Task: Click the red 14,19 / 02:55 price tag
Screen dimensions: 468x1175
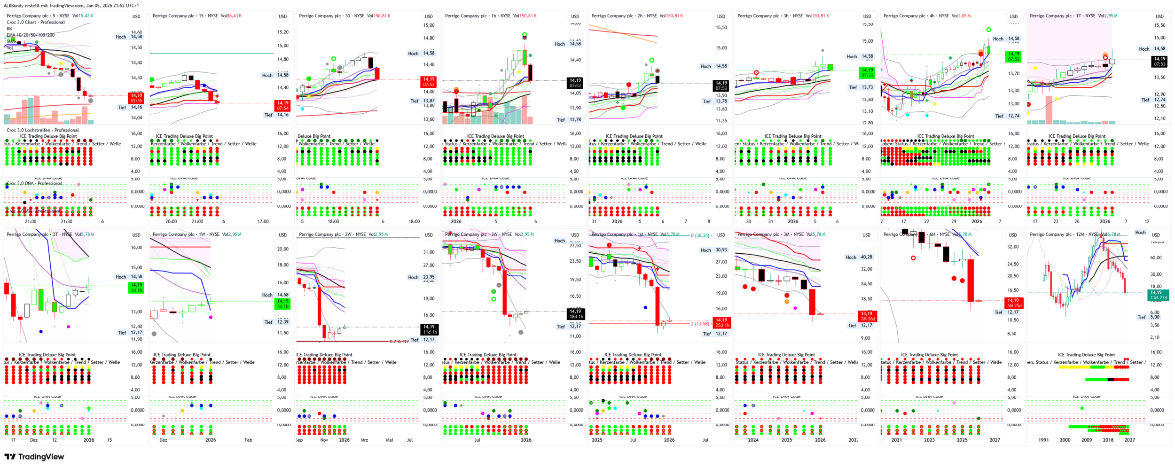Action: [136, 98]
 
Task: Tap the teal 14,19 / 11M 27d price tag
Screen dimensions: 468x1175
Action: [1159, 295]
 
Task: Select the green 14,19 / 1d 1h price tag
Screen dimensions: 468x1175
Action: [136, 288]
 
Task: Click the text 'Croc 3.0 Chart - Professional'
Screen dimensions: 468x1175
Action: [36, 22]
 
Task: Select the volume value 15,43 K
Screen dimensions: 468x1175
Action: [86, 16]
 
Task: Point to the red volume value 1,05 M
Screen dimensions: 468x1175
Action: [962, 16]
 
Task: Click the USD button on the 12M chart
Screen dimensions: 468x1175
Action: [1155, 235]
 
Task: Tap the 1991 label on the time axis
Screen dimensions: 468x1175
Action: [1043, 440]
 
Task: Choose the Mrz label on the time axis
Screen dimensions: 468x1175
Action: [364, 440]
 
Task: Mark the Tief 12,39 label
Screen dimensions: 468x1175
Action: [276, 322]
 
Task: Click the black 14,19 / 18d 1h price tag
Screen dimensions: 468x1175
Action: [575, 314]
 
